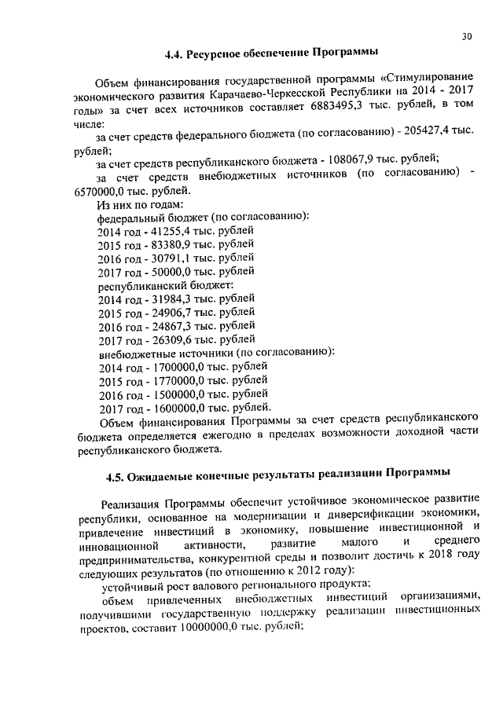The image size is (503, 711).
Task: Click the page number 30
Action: [468, 37]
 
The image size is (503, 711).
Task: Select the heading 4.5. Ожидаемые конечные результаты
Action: [278, 474]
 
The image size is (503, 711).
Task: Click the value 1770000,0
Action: [170, 380]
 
